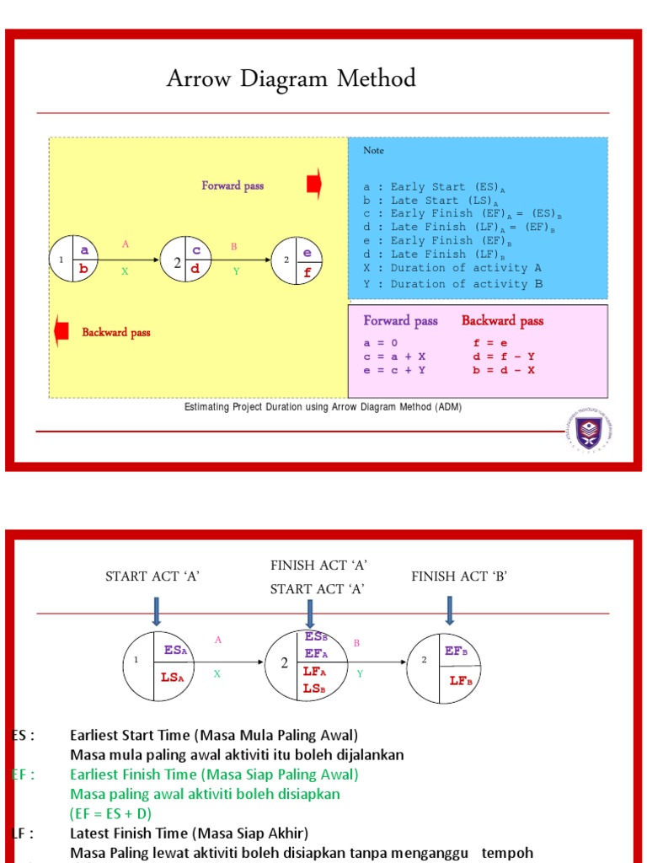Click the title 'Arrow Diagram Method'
tap(291, 79)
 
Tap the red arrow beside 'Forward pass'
tap(314, 185)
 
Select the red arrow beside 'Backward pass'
tap(61, 331)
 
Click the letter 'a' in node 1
tap(84, 249)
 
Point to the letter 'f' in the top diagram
tap(307, 272)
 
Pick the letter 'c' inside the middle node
tap(195, 250)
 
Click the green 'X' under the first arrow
tap(125, 271)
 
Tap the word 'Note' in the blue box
tap(373, 150)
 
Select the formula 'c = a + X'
tap(394, 356)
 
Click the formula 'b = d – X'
tap(504, 370)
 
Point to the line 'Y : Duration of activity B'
tap(452, 284)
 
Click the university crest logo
tap(588, 431)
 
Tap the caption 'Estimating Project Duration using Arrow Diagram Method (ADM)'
tap(323, 407)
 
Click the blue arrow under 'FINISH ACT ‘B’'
tap(449, 611)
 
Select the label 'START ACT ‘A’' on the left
tap(152, 576)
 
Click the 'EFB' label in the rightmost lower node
tap(455, 651)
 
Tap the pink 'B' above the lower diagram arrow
tap(356, 643)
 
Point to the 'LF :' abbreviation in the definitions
tap(23, 834)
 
